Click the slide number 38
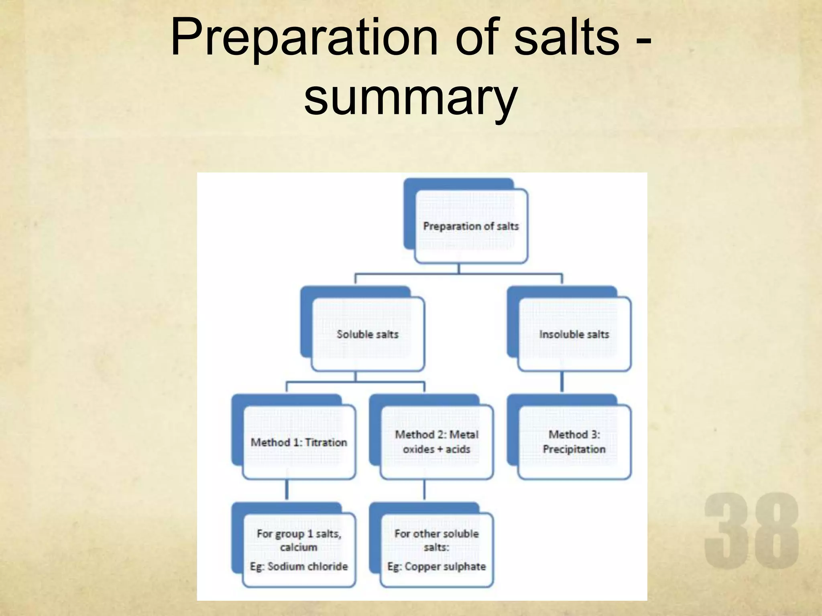751,531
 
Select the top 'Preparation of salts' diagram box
470,226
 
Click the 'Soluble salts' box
367,334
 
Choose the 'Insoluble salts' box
574,334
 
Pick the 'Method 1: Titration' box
299,442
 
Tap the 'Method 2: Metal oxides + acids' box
436,442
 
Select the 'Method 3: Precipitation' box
574,442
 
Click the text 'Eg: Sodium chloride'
299,566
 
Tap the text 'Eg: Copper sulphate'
436,566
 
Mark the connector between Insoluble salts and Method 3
562,382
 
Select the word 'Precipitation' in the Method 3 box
574,449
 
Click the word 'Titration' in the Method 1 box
326,442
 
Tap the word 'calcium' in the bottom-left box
299,547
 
